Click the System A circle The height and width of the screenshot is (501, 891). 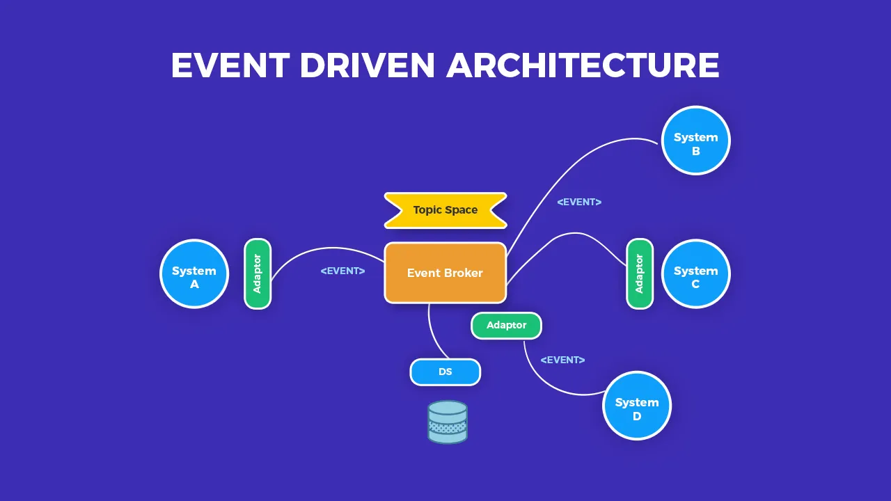[x=194, y=273]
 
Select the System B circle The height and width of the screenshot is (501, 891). [x=695, y=140]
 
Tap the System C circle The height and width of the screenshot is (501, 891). [x=695, y=273]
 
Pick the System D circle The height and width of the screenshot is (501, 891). [x=637, y=406]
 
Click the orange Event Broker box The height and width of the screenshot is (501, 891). [x=445, y=273]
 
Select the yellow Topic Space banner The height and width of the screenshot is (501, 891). [x=445, y=210]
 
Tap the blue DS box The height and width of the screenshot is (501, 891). [x=445, y=372]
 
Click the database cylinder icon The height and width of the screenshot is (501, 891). [x=448, y=422]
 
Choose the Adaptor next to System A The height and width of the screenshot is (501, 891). [x=258, y=273]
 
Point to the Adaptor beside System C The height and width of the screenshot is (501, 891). [x=640, y=273]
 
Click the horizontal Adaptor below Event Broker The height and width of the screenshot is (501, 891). [x=506, y=326]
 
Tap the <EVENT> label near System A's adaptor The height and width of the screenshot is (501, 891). [x=342, y=271]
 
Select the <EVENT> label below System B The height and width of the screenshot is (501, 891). [x=579, y=202]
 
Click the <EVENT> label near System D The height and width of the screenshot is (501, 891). [x=562, y=360]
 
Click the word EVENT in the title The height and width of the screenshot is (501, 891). [x=230, y=65]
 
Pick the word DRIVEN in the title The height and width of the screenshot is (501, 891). [x=368, y=65]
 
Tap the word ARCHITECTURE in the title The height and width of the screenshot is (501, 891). [x=583, y=65]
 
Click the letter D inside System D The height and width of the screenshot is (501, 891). [x=637, y=416]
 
